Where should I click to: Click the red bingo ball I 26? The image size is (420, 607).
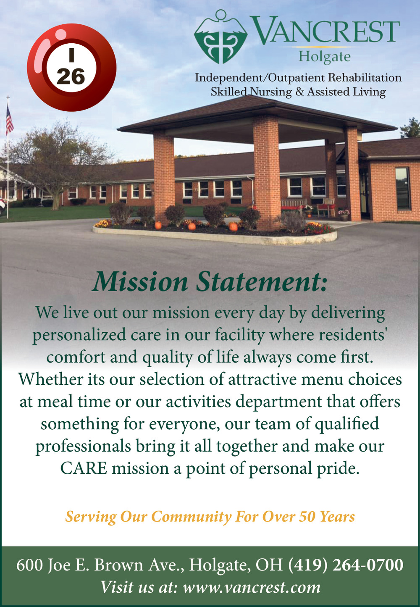(71, 68)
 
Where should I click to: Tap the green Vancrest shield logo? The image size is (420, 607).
(220, 37)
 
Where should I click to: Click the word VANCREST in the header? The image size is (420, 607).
(324, 30)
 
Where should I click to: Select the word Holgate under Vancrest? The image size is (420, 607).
(324, 57)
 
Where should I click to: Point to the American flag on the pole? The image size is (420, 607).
(10, 120)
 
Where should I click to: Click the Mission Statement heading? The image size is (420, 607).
(209, 282)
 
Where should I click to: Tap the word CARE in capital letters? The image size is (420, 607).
(84, 468)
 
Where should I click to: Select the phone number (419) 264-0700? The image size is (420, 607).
(346, 565)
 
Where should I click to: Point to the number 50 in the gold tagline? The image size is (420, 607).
(307, 517)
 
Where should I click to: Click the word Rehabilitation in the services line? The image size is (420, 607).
(365, 78)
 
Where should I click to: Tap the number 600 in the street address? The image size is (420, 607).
(29, 565)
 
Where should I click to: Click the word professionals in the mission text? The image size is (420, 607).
(84, 447)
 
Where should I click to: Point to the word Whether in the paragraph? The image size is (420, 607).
(50, 379)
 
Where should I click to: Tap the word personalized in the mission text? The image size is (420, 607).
(79, 335)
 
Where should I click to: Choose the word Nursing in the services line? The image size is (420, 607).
(270, 92)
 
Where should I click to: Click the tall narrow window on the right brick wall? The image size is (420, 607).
(403, 188)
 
